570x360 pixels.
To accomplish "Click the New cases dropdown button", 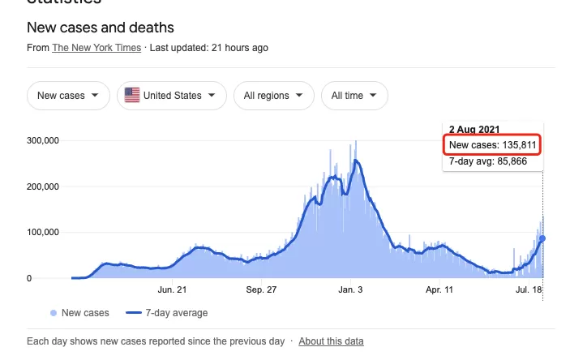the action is [x=68, y=96].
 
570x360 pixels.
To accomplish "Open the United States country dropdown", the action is [x=172, y=96].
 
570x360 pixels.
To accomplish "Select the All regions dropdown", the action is [x=274, y=96].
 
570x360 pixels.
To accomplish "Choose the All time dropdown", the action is [x=354, y=96].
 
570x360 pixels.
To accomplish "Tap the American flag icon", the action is [x=132, y=96].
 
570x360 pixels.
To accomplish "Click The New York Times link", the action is [x=96, y=48].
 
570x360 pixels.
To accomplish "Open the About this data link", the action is [x=331, y=341].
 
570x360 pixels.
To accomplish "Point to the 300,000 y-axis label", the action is [x=43, y=140].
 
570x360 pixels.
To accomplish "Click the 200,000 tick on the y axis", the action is [x=43, y=186].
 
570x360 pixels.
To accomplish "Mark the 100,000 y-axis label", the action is [x=43, y=232].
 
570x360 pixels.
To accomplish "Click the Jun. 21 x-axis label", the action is [x=172, y=289].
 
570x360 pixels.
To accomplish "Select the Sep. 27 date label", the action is [x=261, y=289].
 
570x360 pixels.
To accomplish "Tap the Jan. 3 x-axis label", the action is [x=350, y=289].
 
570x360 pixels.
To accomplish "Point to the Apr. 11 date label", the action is [x=439, y=289].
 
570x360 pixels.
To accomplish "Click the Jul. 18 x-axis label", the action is [x=529, y=289].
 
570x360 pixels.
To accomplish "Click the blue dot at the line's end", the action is [x=542, y=238].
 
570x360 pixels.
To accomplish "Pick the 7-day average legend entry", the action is [x=166, y=313].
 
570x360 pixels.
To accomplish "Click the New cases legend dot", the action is [x=54, y=313].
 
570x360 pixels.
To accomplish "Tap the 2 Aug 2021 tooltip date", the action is [x=474, y=130].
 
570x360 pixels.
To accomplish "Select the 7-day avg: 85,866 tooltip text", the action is [x=488, y=161].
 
